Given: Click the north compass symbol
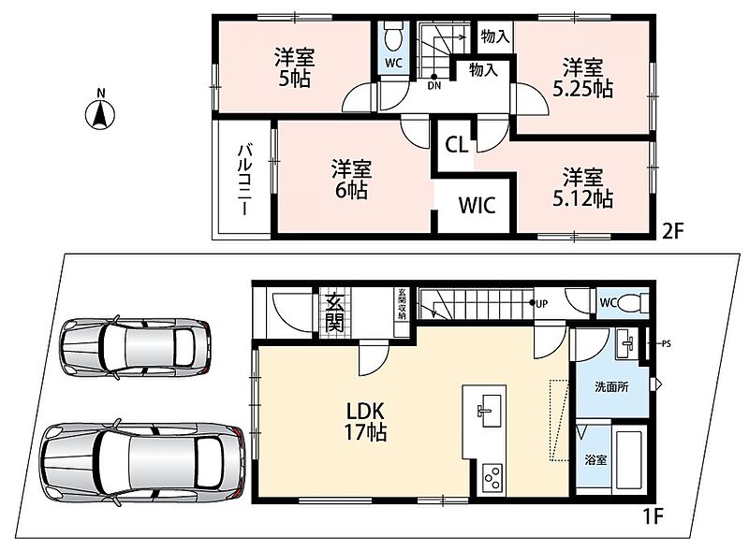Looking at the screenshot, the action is (100, 113).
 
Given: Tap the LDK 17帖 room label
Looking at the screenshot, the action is (365, 422).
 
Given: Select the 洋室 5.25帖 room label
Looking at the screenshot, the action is (582, 79).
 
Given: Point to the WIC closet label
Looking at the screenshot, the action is (477, 205).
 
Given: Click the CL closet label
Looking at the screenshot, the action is (457, 145).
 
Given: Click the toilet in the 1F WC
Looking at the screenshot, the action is (633, 303).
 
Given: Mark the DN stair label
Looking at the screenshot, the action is (434, 86).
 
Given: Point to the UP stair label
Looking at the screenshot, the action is (542, 304).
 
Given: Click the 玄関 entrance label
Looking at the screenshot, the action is (334, 312).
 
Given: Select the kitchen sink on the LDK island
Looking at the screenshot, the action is (489, 411).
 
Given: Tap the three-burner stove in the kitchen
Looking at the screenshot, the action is (492, 477).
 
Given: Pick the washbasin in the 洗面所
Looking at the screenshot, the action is (625, 342).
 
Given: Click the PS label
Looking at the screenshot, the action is (667, 343).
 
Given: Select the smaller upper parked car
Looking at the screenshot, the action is (136, 347).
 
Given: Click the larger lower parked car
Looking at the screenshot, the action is (143, 463).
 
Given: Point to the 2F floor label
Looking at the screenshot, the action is (673, 232).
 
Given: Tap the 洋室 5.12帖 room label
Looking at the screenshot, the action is (582, 188).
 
